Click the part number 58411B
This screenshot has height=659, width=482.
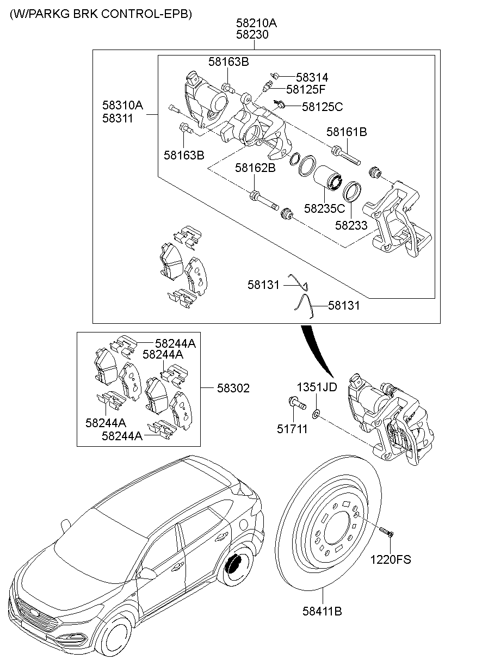[322, 611]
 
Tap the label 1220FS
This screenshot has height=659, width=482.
[391, 559]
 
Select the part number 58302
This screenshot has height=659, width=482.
[233, 388]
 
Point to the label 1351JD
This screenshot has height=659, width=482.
[317, 387]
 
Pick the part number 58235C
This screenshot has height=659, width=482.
[324, 208]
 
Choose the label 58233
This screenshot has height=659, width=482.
[351, 225]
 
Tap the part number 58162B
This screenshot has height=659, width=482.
[255, 168]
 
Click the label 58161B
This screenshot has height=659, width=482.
[347, 131]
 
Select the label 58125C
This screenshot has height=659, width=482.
[322, 107]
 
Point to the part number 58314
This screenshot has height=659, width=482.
[312, 78]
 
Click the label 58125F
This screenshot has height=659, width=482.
[307, 89]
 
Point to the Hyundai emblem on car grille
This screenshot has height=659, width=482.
[34, 613]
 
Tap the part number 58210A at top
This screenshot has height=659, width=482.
[256, 23]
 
